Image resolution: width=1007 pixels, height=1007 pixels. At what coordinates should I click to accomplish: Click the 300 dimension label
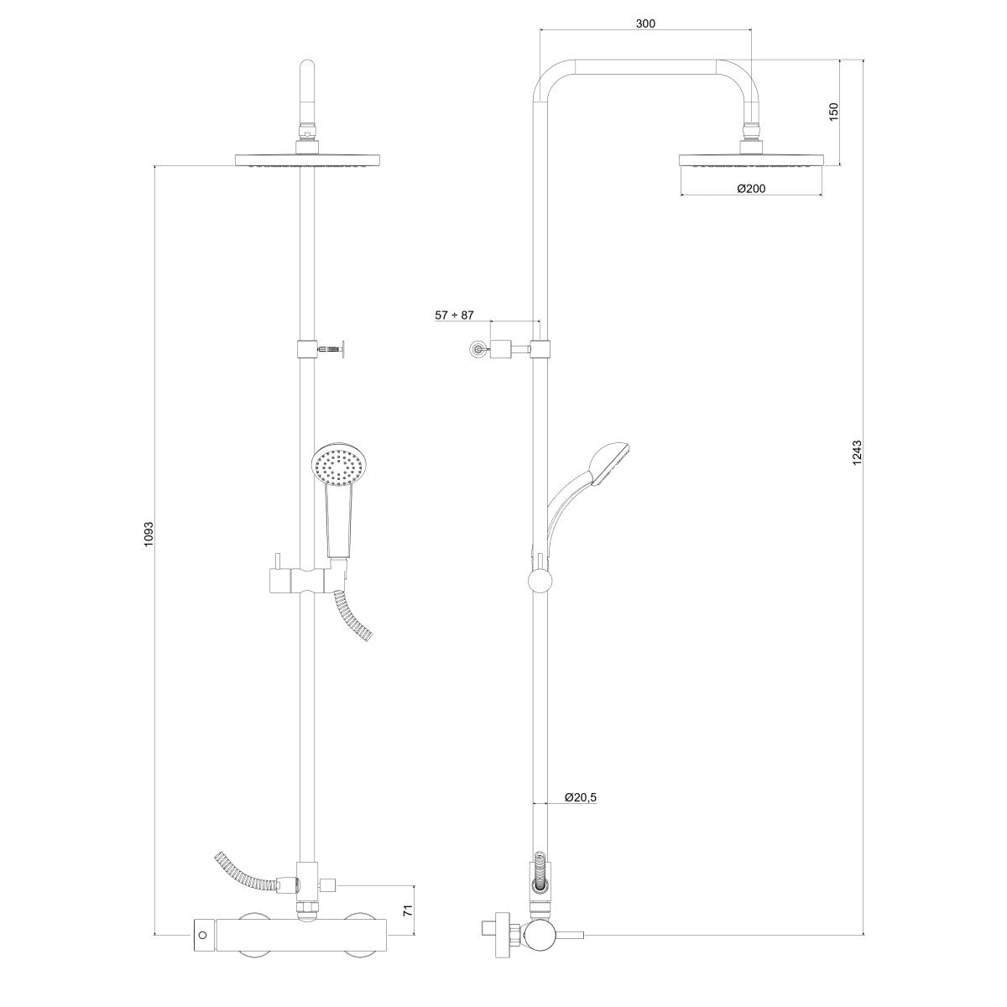click(x=645, y=23)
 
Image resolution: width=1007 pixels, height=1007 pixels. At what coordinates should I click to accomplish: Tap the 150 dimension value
click(x=833, y=112)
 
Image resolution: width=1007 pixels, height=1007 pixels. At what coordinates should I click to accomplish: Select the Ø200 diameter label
click(x=751, y=188)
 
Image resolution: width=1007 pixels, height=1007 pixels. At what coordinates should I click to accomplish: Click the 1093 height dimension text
click(x=149, y=534)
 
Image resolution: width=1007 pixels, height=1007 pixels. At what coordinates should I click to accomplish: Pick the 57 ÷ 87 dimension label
click(x=454, y=316)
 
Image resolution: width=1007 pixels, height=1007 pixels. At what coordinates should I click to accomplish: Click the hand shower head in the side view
click(x=609, y=463)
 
